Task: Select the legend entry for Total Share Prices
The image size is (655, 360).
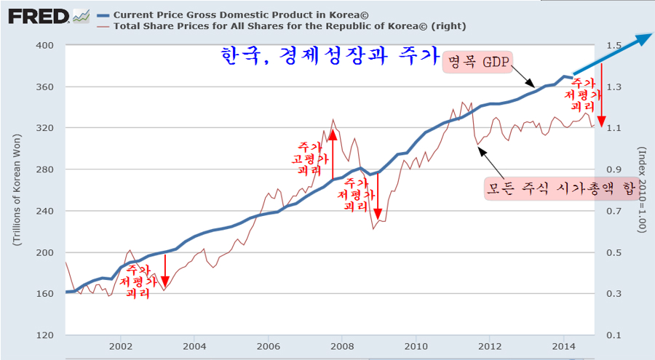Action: click(x=284, y=26)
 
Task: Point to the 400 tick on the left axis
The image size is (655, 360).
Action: click(x=45, y=45)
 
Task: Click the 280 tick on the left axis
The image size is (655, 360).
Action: click(x=45, y=169)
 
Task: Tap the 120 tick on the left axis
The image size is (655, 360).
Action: click(x=45, y=335)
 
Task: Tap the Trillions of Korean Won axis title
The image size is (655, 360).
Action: click(x=16, y=191)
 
